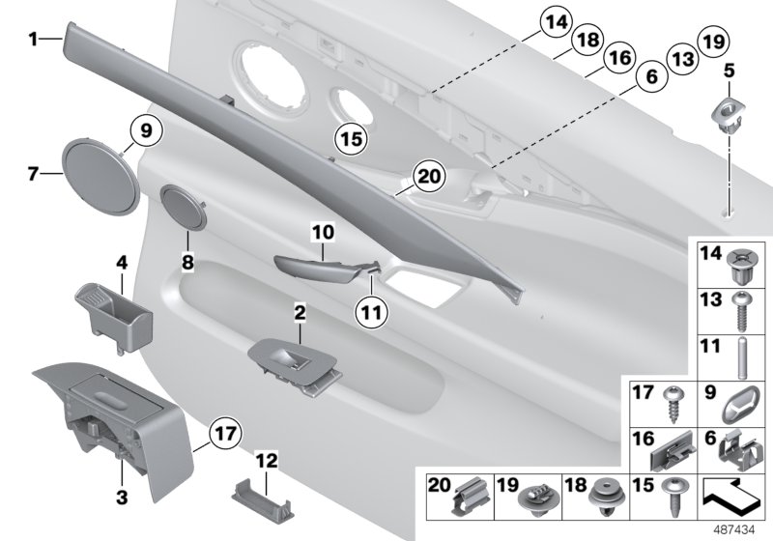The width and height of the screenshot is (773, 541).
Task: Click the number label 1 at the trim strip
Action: (32, 40)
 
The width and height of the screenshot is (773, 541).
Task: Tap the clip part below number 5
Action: (732, 113)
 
